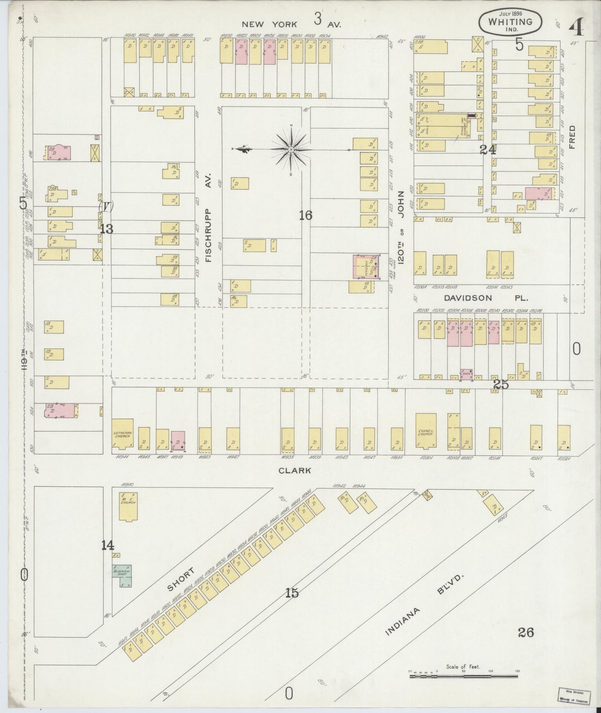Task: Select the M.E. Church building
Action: pyautogui.click(x=128, y=506)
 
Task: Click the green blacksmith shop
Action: pyautogui.click(x=121, y=575)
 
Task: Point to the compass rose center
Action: pyautogui.click(x=291, y=149)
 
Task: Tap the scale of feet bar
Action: pyautogui.click(x=464, y=676)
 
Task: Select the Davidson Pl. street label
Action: pyautogui.click(x=486, y=298)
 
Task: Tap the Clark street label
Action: pyautogui.click(x=294, y=470)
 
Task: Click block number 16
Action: pyautogui.click(x=305, y=215)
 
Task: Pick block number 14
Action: pyautogui.click(x=108, y=545)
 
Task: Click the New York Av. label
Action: pyautogui.click(x=291, y=25)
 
